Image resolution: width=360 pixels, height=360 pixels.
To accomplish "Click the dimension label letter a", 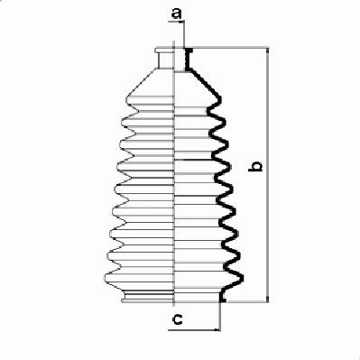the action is coord(177,14).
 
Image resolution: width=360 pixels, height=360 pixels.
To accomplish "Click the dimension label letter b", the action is coord(255,166).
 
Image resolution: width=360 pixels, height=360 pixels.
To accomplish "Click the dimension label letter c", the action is coord(178,319).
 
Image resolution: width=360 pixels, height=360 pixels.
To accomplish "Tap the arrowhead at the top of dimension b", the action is coord(267,51).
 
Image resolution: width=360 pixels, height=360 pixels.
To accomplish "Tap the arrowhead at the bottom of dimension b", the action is coord(267,299).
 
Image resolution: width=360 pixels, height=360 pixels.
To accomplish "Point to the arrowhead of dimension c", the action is coord(217,330).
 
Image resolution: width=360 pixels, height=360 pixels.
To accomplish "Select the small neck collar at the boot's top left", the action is coord(165,58).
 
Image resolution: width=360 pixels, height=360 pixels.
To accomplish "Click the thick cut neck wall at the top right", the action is coord(189,59).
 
